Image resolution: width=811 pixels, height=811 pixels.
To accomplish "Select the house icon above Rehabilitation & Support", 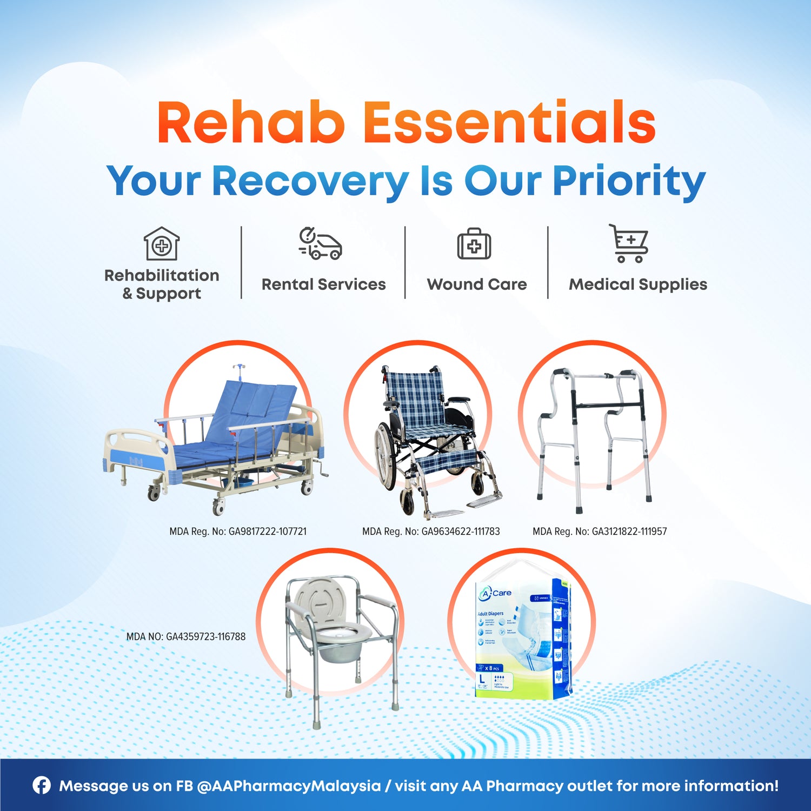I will pos(161,244).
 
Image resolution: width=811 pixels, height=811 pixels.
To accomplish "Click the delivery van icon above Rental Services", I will pos(321,244).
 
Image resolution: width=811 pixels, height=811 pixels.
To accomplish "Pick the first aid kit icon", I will pos(474,244).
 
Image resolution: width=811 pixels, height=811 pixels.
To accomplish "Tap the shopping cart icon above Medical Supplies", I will pos(629,244).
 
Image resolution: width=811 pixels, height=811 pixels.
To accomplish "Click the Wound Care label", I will pos(476,284).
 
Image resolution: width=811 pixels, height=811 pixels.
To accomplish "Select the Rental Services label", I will pos(323,284).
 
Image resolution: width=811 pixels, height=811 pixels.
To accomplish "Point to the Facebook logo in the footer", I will pos(42,785).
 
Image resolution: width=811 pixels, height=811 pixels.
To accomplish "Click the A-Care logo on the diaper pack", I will pos(495,593).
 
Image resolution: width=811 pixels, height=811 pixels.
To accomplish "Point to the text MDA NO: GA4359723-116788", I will pos(185,636).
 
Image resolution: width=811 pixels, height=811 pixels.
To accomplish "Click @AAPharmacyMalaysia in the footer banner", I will pos(289,786).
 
